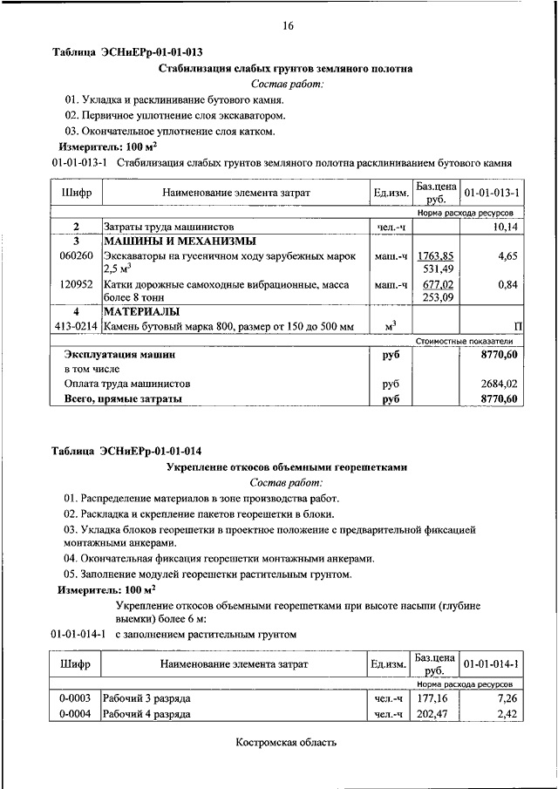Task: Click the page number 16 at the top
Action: coord(288,27)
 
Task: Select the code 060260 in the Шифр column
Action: coord(76,256)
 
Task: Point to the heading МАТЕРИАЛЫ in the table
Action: coord(142,310)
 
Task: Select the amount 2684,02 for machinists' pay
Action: coord(500,383)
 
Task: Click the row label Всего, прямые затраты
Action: coord(123,398)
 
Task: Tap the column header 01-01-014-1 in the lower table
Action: coord(491,665)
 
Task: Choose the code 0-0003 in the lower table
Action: coord(76,699)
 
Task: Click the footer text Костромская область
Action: coord(286,743)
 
